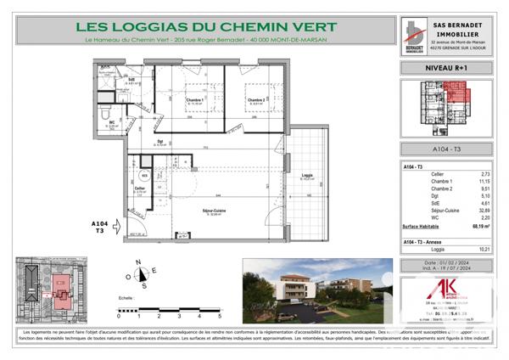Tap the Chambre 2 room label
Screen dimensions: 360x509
click(x=258, y=101)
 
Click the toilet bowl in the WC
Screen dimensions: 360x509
click(x=104, y=115)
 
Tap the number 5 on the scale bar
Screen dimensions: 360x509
click(x=218, y=314)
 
